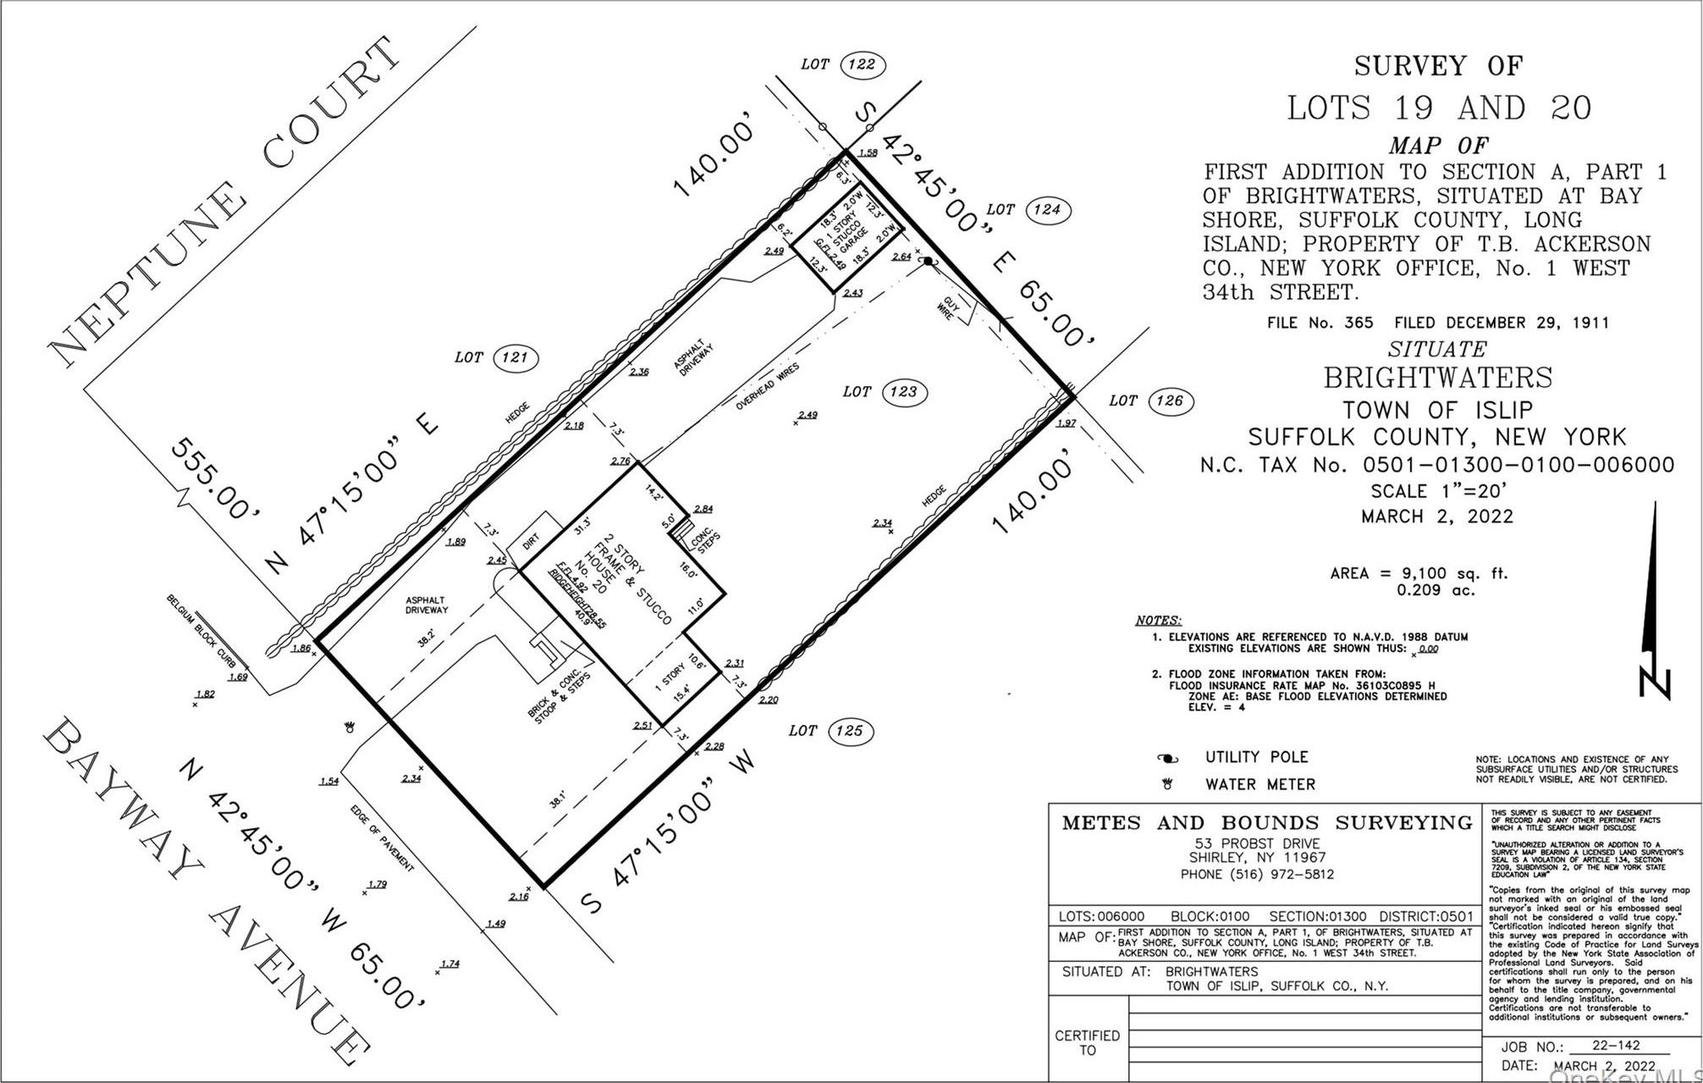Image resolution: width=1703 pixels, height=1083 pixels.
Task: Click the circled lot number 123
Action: point(903,392)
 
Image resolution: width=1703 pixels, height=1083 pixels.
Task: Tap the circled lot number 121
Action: point(515,357)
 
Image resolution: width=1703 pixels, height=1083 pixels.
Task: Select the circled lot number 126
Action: point(1169,401)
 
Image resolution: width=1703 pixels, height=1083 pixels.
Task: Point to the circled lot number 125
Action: point(849,731)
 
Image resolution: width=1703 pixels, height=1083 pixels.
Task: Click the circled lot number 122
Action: point(862,64)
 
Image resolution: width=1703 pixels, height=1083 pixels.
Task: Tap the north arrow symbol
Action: point(1655,601)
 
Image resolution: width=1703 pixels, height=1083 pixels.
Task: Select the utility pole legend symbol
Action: point(1169,758)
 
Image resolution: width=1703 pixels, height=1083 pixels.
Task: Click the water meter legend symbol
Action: point(1169,785)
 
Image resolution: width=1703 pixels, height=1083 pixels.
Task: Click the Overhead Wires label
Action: point(767,387)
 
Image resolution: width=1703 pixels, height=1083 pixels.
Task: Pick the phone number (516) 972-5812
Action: point(1257,875)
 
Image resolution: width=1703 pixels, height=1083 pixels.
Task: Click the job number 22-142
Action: point(1607,1047)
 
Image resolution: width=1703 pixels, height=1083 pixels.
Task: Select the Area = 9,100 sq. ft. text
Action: point(1419,574)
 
